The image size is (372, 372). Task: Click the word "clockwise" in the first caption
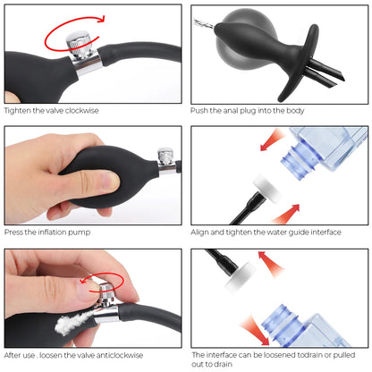(x=82, y=111)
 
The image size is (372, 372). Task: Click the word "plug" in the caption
(x=248, y=111)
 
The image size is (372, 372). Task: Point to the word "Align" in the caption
(x=199, y=232)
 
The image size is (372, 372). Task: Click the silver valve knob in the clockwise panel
(x=79, y=44)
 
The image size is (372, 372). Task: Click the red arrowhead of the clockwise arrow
(x=101, y=19)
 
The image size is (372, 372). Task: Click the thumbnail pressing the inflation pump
(x=109, y=181)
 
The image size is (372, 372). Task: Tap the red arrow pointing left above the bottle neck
(x=271, y=139)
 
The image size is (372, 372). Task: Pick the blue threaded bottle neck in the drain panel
(x=279, y=324)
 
